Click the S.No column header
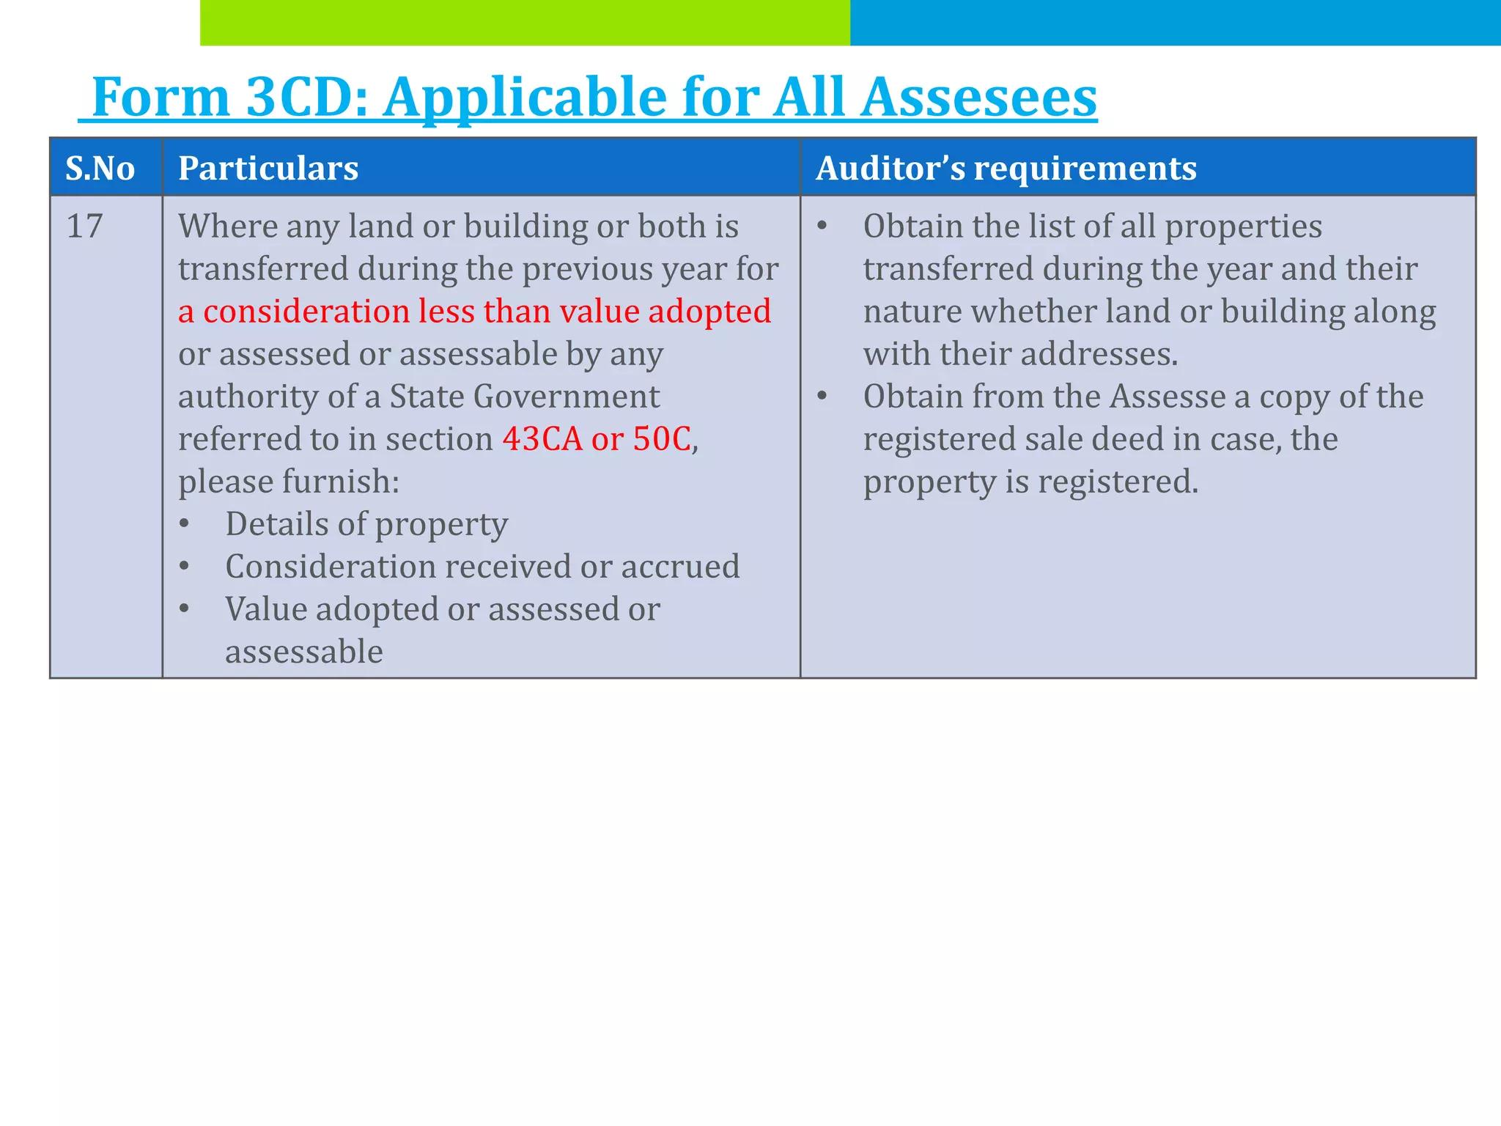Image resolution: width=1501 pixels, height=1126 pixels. click(x=100, y=169)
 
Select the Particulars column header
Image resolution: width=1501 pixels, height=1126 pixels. click(x=268, y=169)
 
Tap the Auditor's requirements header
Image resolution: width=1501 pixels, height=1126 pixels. click(x=1006, y=169)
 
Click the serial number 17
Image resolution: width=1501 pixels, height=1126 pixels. click(x=84, y=226)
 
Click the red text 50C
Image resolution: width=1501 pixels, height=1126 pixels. click(x=662, y=439)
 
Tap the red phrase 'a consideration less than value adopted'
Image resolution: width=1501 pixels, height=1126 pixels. click(x=474, y=312)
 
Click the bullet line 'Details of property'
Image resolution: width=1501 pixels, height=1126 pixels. click(x=366, y=524)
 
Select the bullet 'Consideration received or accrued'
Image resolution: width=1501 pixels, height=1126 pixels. click(x=482, y=567)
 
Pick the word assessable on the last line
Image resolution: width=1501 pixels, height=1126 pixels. click(x=303, y=652)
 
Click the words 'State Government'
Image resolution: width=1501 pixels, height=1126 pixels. click(x=524, y=397)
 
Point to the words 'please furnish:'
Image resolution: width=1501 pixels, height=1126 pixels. click(x=289, y=482)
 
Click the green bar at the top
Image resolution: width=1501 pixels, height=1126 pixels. click(x=524, y=22)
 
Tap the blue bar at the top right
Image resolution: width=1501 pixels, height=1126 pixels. click(x=1175, y=22)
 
